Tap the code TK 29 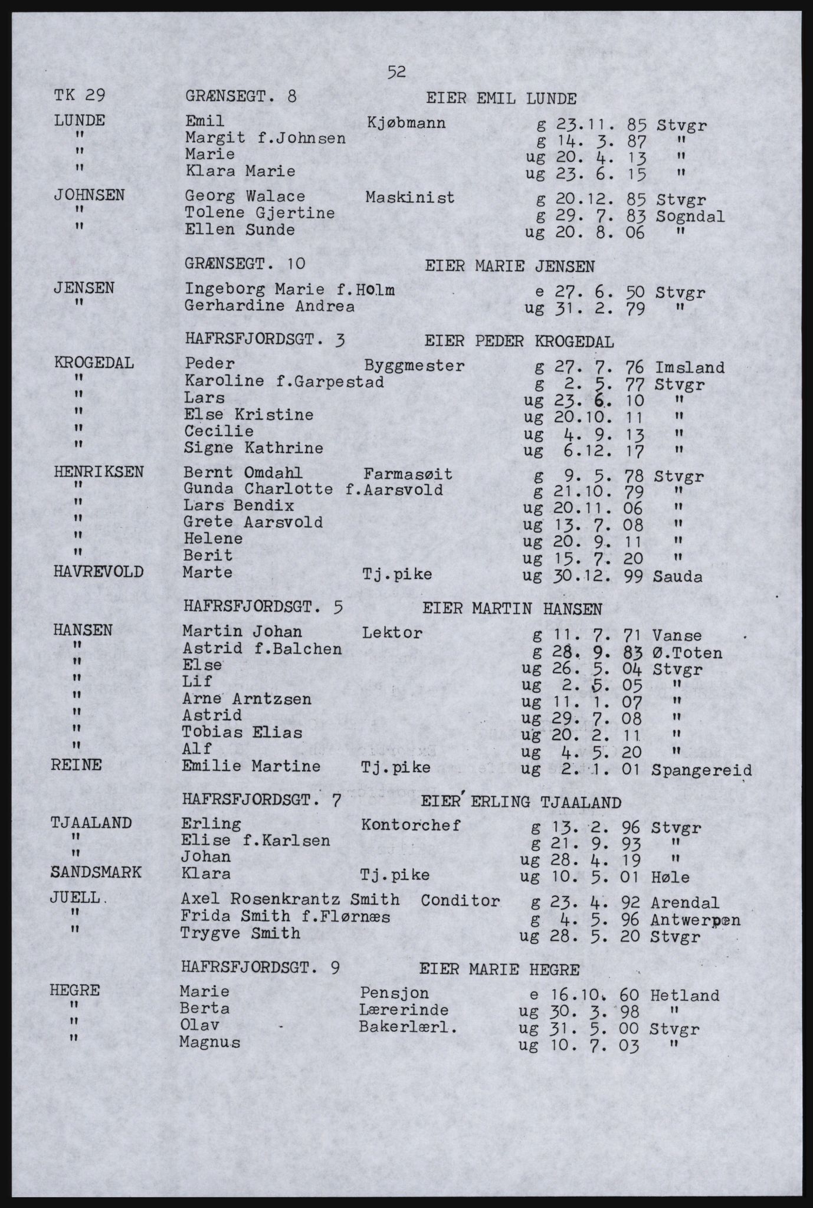pos(80,96)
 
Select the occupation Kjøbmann pos(406,123)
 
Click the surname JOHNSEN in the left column pos(89,195)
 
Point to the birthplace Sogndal pos(690,216)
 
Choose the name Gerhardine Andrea pos(270,306)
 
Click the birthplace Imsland pos(689,368)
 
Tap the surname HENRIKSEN pos(99,471)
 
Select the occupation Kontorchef pos(410,825)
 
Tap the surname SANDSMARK pos(96,872)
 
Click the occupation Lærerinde pos(403,1010)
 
